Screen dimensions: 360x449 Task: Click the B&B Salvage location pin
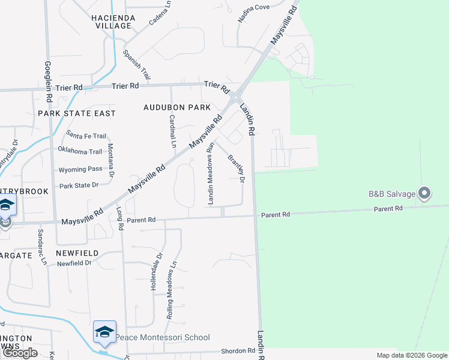pyautogui.click(x=424, y=193)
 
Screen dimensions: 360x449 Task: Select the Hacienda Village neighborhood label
pyautogui.click(x=111, y=22)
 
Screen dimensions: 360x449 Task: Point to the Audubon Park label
pyautogui.click(x=177, y=107)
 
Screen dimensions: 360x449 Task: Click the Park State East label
pyautogui.click(x=76, y=113)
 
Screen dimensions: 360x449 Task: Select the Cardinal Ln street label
pyautogui.click(x=172, y=131)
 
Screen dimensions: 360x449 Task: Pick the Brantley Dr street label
pyautogui.click(x=236, y=169)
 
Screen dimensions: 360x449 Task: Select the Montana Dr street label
pyautogui.click(x=110, y=159)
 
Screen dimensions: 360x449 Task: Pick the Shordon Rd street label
pyautogui.click(x=238, y=351)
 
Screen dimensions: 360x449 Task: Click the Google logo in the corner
pyautogui.click(x=20, y=353)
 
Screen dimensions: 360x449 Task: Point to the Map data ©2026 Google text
pyautogui.click(x=411, y=355)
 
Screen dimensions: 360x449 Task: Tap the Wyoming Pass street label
pyautogui.click(x=80, y=169)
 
